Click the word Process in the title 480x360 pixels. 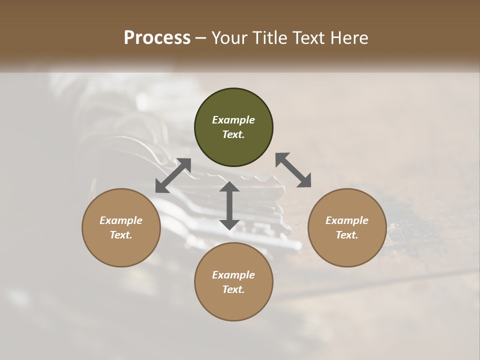point(157,38)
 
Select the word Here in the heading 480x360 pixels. point(349,38)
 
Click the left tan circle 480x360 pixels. point(121,250)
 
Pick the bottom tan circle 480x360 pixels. point(233,305)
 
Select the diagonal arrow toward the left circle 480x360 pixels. point(173,175)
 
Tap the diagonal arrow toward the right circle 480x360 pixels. point(293,170)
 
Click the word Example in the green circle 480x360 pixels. point(233,120)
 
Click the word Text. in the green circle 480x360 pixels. point(233,134)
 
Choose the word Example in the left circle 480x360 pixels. point(121,220)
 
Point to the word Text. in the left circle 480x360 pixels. point(121,235)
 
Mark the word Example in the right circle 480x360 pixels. point(347,220)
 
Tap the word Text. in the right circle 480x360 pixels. point(347,235)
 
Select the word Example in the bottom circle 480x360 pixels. point(233,275)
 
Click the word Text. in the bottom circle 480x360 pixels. point(233,289)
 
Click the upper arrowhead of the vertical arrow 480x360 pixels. point(229,187)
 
